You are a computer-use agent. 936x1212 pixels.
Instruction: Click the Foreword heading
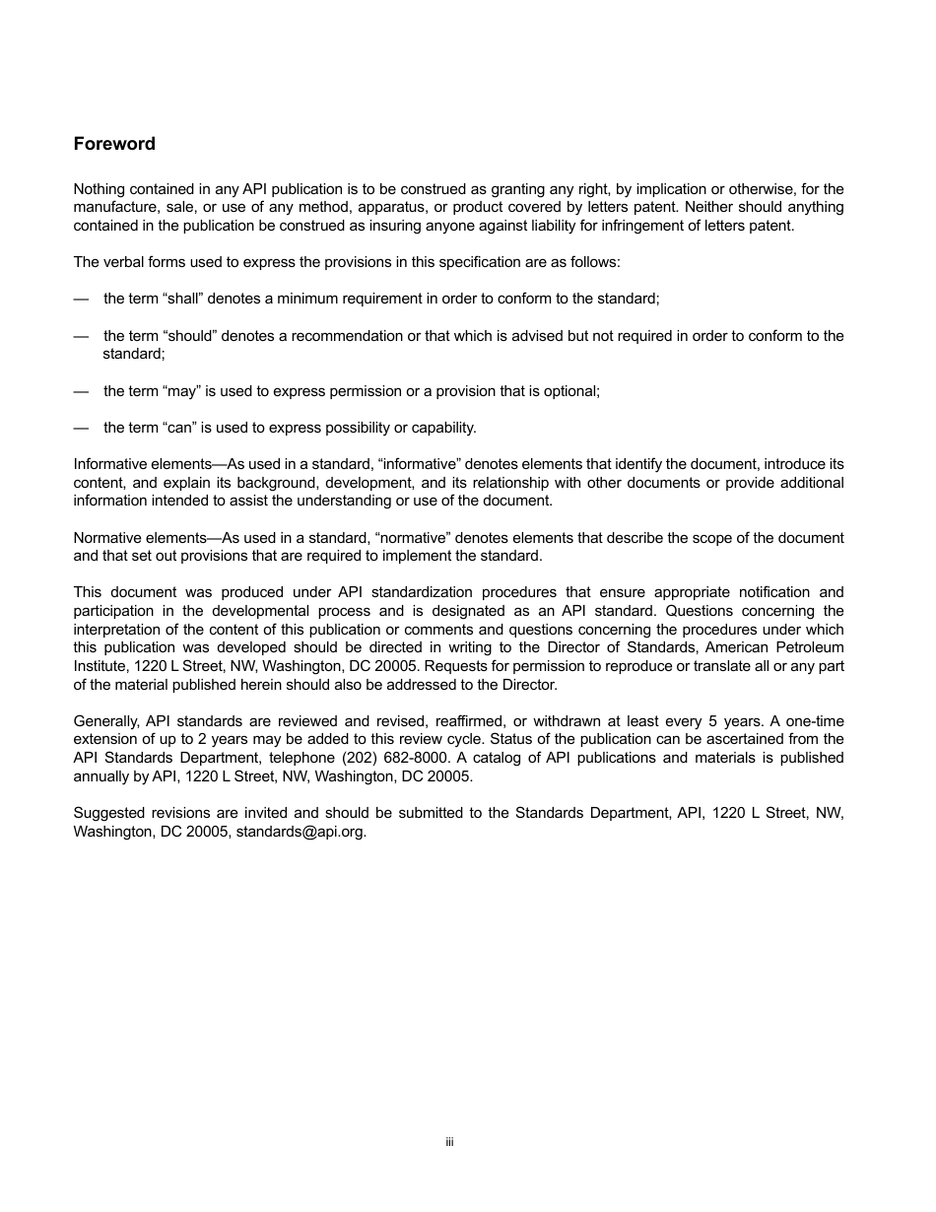pos(114,144)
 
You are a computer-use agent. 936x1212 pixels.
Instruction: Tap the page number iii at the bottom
pos(448,1142)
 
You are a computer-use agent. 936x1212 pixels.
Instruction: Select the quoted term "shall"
pos(181,299)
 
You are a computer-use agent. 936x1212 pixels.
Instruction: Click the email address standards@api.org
pos(301,831)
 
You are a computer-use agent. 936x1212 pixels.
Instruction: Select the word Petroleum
pos(810,647)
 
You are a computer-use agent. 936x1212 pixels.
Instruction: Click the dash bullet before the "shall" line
pos(81,299)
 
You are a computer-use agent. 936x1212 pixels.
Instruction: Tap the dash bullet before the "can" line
pos(81,428)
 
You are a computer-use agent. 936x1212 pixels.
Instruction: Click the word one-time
pos(811,720)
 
